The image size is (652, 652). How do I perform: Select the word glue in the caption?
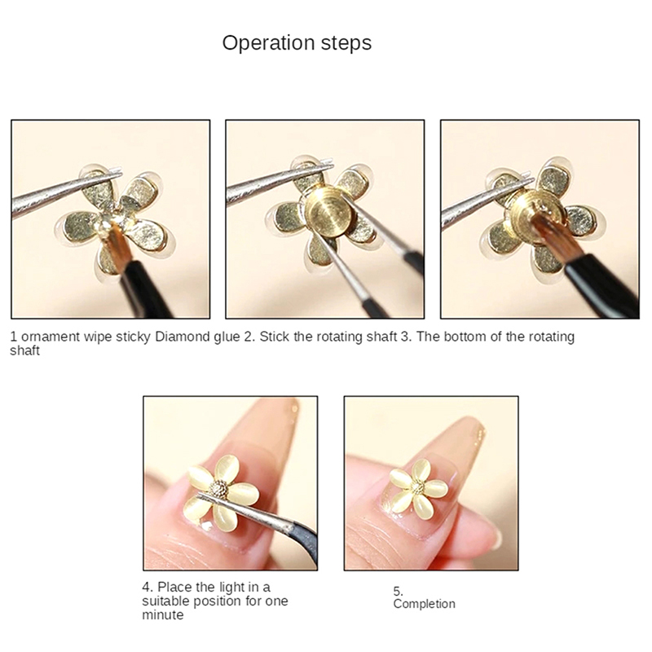click(227, 337)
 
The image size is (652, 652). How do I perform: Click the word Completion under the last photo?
click(424, 604)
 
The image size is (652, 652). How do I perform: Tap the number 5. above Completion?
click(398, 591)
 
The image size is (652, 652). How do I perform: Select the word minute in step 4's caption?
click(162, 615)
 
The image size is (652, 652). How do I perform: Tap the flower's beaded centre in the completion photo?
click(417, 487)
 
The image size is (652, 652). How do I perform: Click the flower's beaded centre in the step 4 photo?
click(218, 489)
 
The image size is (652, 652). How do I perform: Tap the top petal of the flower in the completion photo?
click(421, 469)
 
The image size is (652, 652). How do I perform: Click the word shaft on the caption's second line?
click(24, 350)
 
